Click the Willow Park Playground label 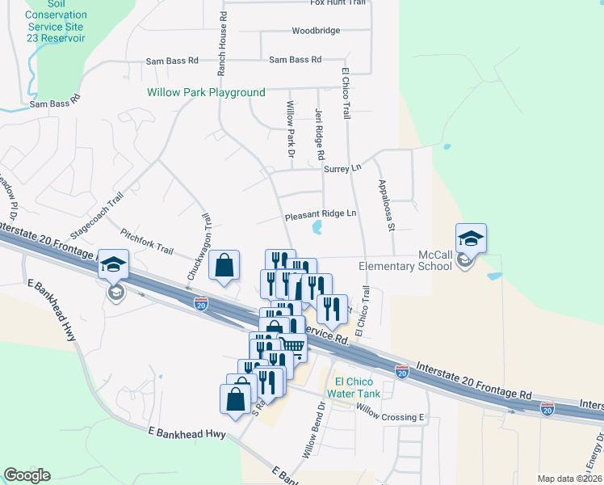coord(206,93)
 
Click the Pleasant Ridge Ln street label coord(320,214)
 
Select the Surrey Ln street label coord(342,169)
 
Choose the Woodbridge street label coord(316,31)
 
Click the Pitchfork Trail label coord(146,240)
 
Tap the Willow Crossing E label coord(390,417)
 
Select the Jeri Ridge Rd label coord(319,133)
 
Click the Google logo coord(27,475)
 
